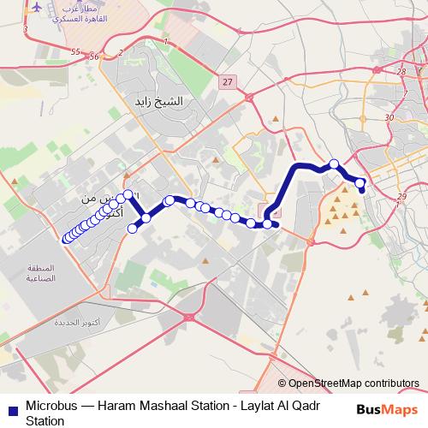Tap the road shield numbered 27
click(x=226, y=81)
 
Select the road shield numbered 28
click(x=401, y=72)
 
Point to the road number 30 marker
click(x=389, y=117)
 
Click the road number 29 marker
click(x=401, y=198)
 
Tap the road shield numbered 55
click(x=75, y=52)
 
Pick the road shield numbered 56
click(x=94, y=56)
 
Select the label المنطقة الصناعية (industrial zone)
click(x=40, y=272)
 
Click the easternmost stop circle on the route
click(x=360, y=182)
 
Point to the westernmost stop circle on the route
click(x=66, y=239)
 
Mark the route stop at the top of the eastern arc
click(x=334, y=163)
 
